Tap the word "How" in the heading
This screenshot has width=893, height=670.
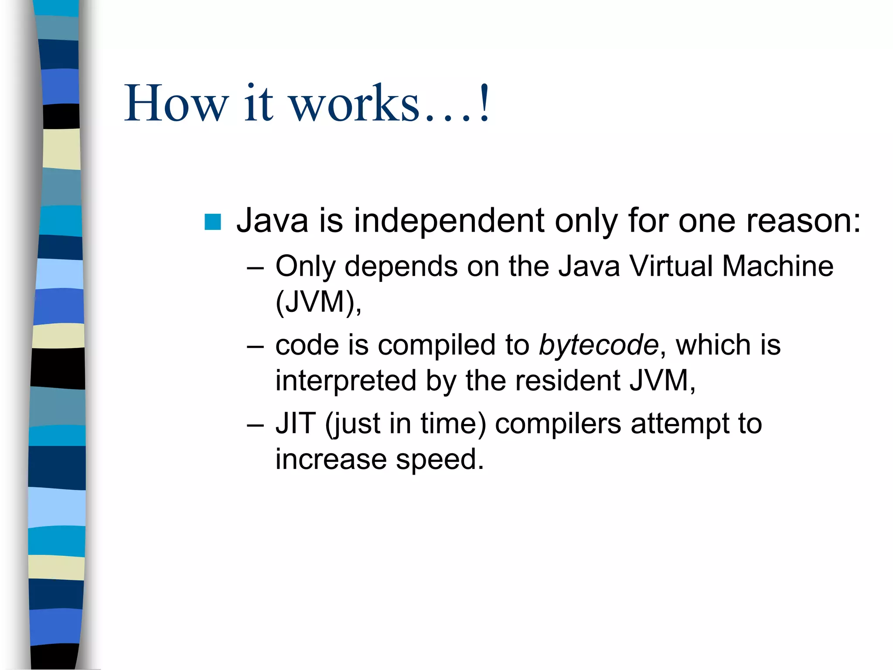click(176, 105)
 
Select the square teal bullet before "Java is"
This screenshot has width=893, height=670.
click(213, 222)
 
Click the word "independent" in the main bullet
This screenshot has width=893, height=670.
click(449, 221)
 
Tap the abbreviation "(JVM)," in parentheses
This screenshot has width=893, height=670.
click(318, 302)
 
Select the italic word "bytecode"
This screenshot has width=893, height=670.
click(598, 345)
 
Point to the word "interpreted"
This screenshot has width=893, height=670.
click(346, 381)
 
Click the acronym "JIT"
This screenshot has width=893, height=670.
click(296, 424)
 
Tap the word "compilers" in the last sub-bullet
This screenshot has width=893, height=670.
click(558, 424)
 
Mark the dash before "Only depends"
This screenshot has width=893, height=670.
click(255, 267)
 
